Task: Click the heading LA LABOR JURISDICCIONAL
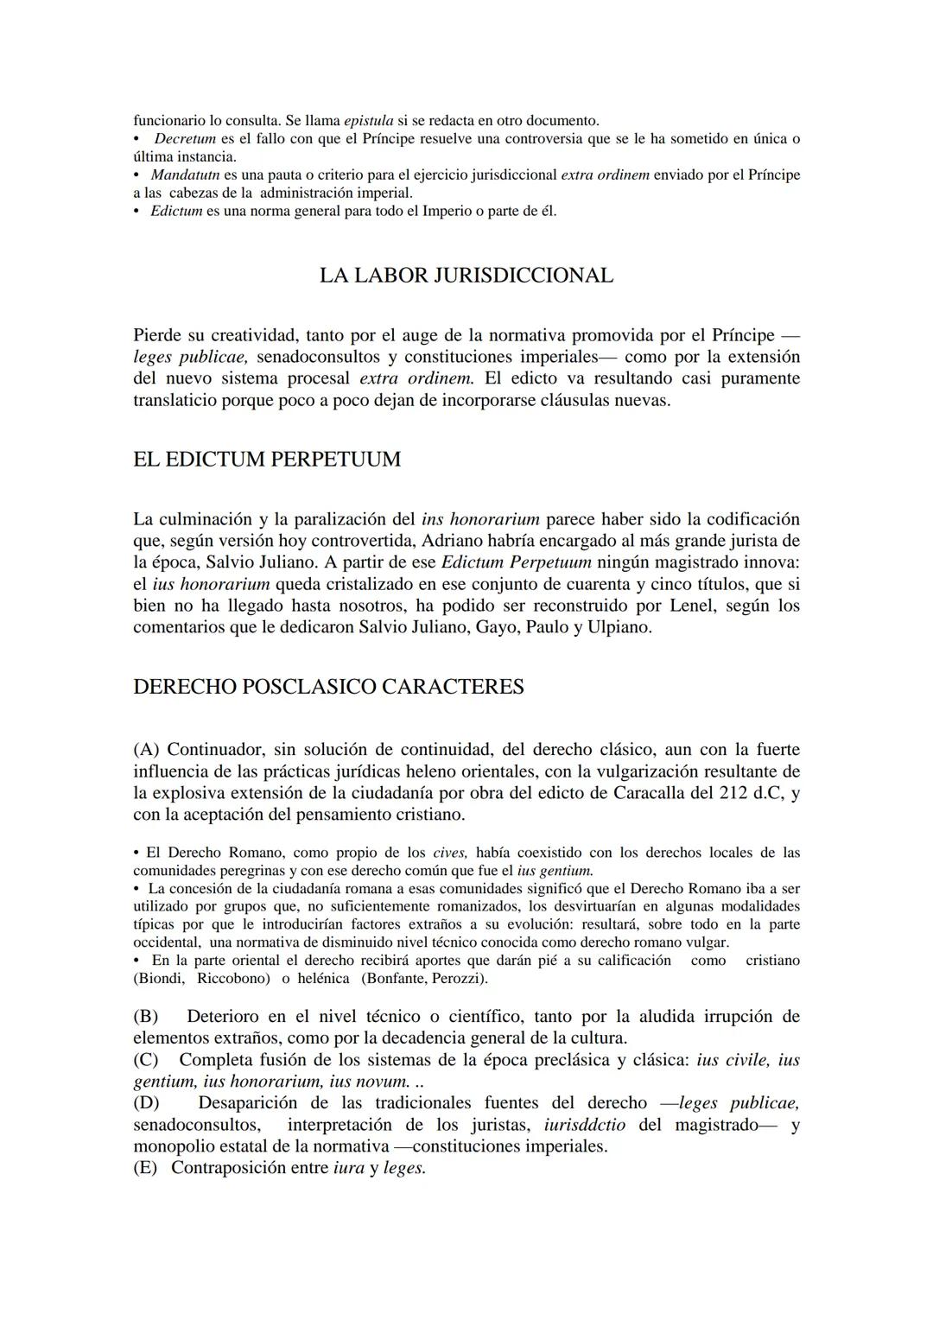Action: pyautogui.click(x=466, y=276)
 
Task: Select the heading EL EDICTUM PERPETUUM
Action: pyautogui.click(x=267, y=459)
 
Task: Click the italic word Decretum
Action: pyautogui.click(x=184, y=138)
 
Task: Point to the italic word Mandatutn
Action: pyautogui.click(x=185, y=175)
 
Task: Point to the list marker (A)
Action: pyautogui.click(x=147, y=749)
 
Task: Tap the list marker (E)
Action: pyautogui.click(x=147, y=1168)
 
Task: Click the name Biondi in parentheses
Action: pyautogui.click(x=160, y=978)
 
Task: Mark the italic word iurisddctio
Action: pyautogui.click(x=586, y=1125)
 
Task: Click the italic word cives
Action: pyautogui.click(x=449, y=853)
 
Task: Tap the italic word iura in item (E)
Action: pyautogui.click(x=348, y=1168)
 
